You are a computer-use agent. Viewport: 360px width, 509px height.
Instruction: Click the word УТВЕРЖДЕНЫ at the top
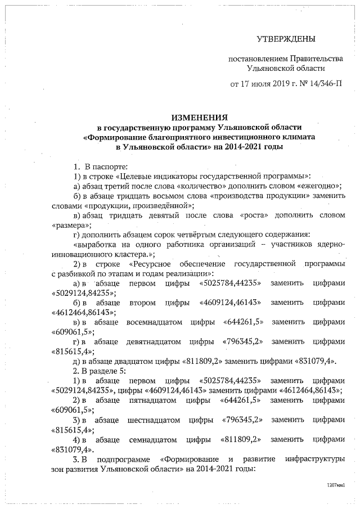(x=286, y=39)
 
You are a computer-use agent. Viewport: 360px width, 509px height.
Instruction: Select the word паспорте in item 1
(x=110, y=166)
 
